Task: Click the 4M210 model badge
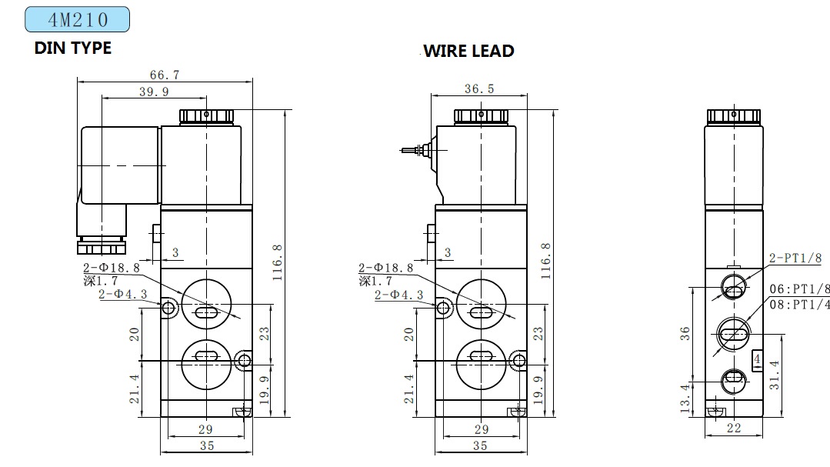coord(77,19)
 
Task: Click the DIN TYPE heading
coord(73,48)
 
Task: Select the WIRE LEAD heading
coord(469,51)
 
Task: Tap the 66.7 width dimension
coord(165,75)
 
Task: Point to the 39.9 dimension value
coord(154,92)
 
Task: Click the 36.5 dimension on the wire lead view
coord(479,89)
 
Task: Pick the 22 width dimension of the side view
coord(734,428)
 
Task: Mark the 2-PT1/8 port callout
coord(795,258)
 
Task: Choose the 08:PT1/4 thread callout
coord(799,305)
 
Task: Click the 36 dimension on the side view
coord(685,334)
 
